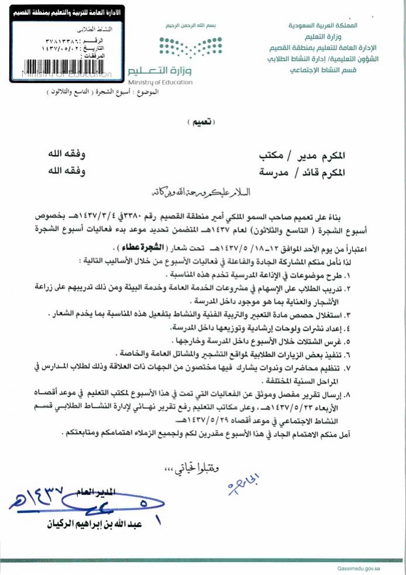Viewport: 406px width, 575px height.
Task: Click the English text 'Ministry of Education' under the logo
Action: [160, 83]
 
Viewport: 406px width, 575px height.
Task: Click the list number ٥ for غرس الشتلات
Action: [380, 340]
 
